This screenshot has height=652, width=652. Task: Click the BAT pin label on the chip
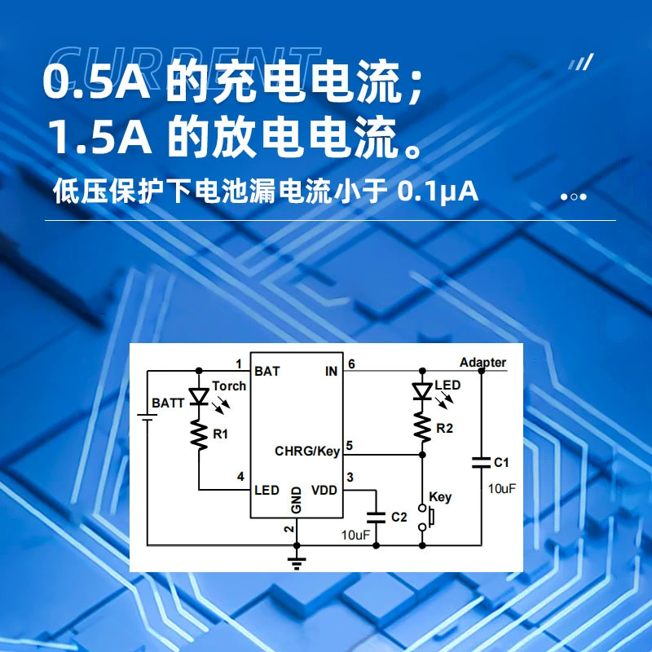coord(267,371)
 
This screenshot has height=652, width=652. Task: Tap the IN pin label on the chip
coord(331,371)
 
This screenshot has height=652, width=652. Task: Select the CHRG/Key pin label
coord(307,452)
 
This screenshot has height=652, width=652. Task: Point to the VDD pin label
coord(324,491)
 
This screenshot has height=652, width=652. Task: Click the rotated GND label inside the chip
coord(296,500)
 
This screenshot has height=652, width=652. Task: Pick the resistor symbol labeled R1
coord(199,435)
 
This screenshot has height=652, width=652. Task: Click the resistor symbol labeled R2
coord(422,427)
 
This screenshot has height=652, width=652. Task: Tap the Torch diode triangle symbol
coord(199,397)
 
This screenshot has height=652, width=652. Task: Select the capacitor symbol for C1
coord(481,463)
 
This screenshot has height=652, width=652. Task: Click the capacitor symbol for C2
coord(376,518)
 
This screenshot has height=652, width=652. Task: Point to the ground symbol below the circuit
coord(297,563)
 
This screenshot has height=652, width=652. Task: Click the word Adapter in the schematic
coord(482,362)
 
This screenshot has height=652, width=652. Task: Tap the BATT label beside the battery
coord(168,403)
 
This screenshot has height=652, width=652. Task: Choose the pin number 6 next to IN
coord(352,363)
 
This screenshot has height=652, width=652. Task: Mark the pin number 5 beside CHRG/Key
coord(350,445)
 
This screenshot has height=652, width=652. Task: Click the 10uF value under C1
coord(501,488)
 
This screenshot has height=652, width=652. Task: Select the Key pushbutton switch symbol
coord(425,518)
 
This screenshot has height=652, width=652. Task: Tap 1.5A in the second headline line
coord(100,137)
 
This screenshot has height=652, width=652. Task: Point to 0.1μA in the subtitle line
coord(438,192)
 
